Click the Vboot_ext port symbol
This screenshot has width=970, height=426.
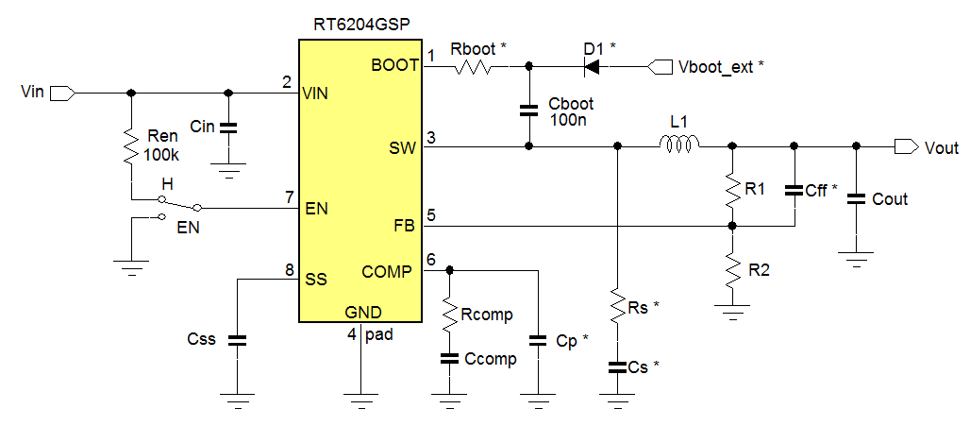[x=658, y=66]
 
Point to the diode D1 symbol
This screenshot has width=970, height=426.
[x=594, y=66]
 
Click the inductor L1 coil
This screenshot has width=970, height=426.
[x=677, y=145]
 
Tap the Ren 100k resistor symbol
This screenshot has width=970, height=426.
[x=131, y=146]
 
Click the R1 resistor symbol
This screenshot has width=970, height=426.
[x=732, y=189]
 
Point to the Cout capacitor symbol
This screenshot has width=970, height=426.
[x=856, y=198]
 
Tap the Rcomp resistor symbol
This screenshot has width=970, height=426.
[x=449, y=313]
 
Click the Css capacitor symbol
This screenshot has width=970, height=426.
[x=238, y=340]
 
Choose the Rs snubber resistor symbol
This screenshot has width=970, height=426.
[x=616, y=308]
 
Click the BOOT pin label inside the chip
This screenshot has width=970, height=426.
[x=393, y=65]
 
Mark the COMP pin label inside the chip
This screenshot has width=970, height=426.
[x=387, y=272]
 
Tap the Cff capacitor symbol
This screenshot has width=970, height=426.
[x=794, y=190]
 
